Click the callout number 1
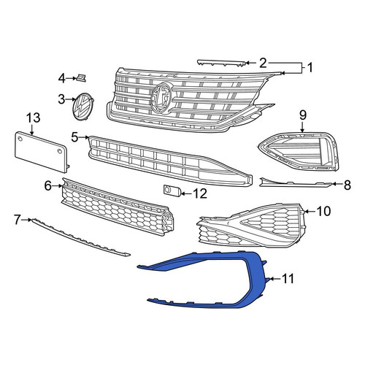(310, 68)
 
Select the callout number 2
(263, 63)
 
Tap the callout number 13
(34, 118)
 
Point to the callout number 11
(288, 279)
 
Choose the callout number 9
(303, 115)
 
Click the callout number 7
(17, 220)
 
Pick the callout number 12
(200, 193)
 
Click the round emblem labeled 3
(84, 107)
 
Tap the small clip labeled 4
(81, 78)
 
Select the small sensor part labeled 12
(172, 190)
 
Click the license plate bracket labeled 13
(42, 151)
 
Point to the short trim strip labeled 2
(221, 62)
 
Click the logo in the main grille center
(161, 98)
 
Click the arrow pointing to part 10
(310, 212)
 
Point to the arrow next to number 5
(85, 138)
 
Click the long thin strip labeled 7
(80, 237)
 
